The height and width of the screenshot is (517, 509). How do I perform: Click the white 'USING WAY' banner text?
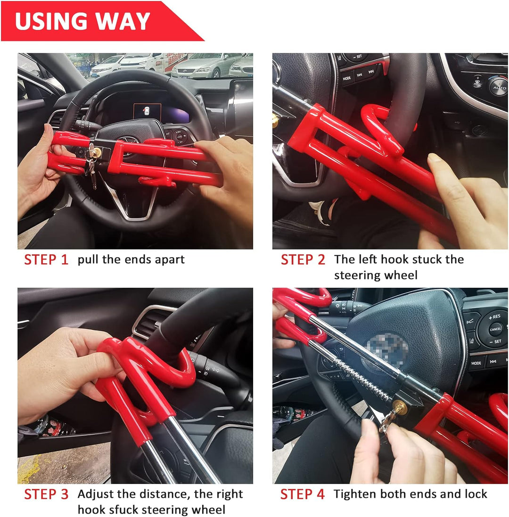82,21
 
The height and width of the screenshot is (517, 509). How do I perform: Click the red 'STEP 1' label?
46,260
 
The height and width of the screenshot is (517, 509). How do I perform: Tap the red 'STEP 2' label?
303,260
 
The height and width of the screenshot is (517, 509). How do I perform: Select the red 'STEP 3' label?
46,494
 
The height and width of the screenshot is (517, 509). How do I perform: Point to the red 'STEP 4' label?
303,494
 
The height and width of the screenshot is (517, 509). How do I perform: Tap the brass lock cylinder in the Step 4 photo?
400,408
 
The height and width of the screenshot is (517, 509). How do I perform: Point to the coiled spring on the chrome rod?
362,379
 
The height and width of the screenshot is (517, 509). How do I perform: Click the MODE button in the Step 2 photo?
347,78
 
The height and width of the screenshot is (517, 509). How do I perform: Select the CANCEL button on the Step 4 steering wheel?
495,329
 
